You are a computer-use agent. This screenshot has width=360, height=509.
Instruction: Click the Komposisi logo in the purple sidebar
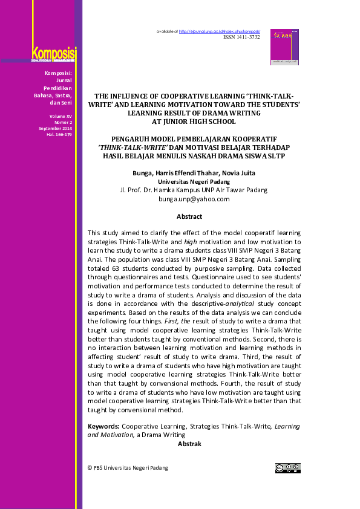click(53, 54)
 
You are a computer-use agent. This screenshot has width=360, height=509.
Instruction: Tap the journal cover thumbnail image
click(284, 47)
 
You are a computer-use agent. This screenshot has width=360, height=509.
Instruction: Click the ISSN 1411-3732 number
click(241, 37)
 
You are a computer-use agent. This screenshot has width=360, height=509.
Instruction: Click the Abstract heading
click(189, 216)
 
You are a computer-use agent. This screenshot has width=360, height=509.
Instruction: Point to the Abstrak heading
click(189, 444)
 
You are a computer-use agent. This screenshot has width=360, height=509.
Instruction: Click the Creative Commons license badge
click(288, 468)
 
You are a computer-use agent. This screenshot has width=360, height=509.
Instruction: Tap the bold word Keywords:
click(103, 426)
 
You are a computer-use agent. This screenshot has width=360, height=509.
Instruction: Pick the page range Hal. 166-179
click(59, 134)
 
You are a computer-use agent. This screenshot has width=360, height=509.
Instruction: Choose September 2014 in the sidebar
click(56, 128)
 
